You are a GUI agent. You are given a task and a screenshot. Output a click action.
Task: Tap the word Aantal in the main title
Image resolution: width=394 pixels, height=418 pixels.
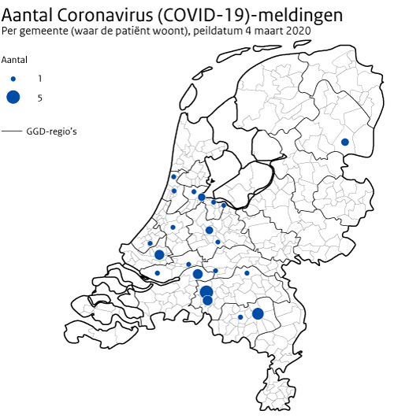coord(28,15)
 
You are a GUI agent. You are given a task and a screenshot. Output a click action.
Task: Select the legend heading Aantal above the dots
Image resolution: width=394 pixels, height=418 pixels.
coord(15,60)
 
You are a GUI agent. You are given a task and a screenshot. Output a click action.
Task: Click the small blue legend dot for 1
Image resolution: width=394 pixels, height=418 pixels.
coord(13,79)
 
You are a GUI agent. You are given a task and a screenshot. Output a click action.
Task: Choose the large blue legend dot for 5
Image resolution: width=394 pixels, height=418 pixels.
coord(13,98)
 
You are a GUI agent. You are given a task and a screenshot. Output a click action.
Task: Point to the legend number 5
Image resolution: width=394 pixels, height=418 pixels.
coord(39,98)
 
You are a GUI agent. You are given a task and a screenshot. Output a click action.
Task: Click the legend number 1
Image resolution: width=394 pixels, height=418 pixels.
coord(39,79)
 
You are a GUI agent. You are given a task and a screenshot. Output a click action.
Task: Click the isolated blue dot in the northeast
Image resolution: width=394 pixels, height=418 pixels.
coord(345,142)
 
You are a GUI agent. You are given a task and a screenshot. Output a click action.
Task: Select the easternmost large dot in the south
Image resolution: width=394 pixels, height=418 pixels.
coord(258,313)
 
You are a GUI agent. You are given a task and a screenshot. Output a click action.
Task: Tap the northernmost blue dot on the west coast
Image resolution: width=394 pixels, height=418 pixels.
coord(173,176)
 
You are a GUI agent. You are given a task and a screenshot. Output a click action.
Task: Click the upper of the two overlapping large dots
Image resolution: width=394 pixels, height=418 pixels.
coord(206,291)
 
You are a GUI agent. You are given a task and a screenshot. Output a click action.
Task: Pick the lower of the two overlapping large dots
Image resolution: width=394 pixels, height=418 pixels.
coord(207,301)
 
